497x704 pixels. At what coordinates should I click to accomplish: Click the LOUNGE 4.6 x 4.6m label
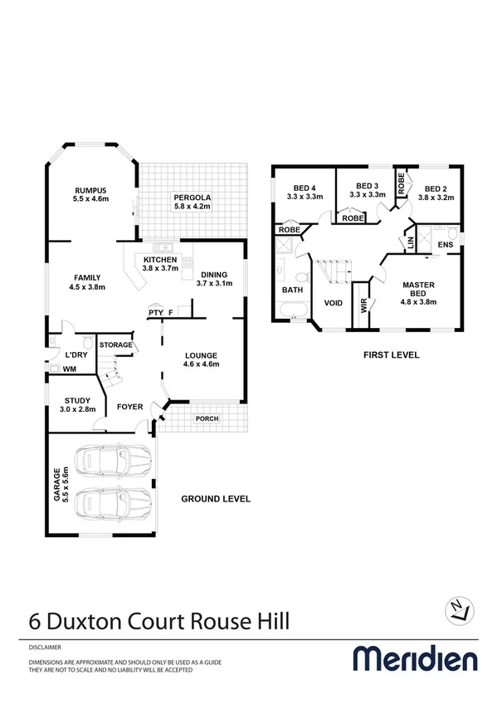pyautogui.click(x=201, y=359)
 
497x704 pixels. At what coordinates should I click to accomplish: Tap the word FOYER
pyautogui.click(x=129, y=407)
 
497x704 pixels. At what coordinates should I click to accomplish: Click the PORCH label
pyautogui.click(x=207, y=418)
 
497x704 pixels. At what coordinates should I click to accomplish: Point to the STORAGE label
pyautogui.click(x=116, y=344)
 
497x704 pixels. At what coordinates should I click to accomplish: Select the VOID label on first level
pyautogui.click(x=334, y=303)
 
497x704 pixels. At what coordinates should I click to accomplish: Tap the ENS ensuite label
pyautogui.click(x=446, y=246)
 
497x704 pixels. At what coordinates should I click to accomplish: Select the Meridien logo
pyautogui.click(x=416, y=659)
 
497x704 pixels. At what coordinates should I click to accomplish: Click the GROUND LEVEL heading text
pyautogui.click(x=217, y=499)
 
